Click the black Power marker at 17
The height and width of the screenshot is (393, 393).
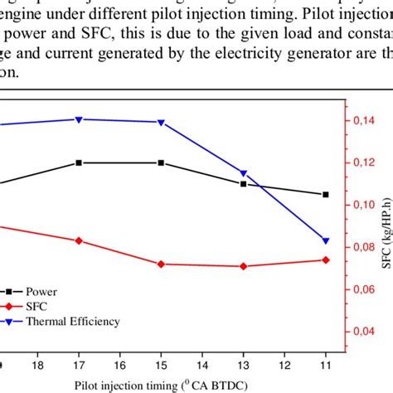pyautogui.click(x=79, y=163)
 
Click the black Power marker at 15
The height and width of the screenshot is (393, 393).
pyautogui.click(x=161, y=163)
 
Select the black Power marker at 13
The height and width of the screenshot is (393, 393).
pyautogui.click(x=243, y=183)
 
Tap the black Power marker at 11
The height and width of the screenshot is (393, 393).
pyautogui.click(x=325, y=194)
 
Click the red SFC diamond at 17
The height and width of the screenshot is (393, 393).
pyautogui.click(x=79, y=240)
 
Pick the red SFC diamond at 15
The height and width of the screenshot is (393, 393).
pyautogui.click(x=161, y=264)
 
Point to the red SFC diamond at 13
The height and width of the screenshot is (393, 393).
pyautogui.click(x=243, y=266)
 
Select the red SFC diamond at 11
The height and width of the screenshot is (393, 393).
pyautogui.click(x=325, y=260)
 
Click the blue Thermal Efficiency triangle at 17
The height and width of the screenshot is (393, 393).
pyautogui.click(x=79, y=119)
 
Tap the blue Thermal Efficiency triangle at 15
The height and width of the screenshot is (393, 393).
pyautogui.click(x=161, y=123)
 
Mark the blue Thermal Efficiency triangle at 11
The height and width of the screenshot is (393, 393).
pyautogui.click(x=325, y=240)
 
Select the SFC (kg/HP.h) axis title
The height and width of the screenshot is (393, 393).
pyautogui.click(x=386, y=224)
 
